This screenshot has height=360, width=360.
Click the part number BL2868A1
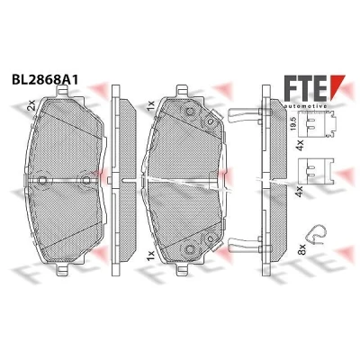(x=45, y=79)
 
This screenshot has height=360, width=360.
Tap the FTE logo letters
(x=305, y=87)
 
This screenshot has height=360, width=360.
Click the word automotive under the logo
(x=305, y=106)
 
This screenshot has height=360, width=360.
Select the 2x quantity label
(x=31, y=105)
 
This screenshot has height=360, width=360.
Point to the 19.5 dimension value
(x=294, y=123)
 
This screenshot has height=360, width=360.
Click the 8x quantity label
(x=302, y=249)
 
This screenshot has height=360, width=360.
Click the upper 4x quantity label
(x=300, y=145)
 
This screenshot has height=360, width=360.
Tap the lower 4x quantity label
(x=300, y=191)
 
